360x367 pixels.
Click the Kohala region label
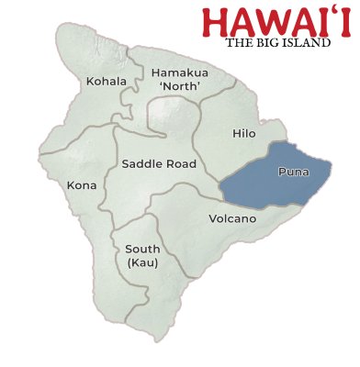click(107, 82)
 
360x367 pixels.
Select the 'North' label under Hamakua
click(181, 86)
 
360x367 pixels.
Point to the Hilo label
click(243, 134)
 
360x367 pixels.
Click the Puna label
click(292, 172)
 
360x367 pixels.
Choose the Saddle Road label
click(157, 164)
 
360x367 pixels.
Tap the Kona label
click(82, 185)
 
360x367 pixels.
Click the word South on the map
click(142, 250)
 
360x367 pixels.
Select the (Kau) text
click(142, 263)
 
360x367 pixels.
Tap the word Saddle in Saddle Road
click(141, 164)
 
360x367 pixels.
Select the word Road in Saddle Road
click(176, 164)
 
